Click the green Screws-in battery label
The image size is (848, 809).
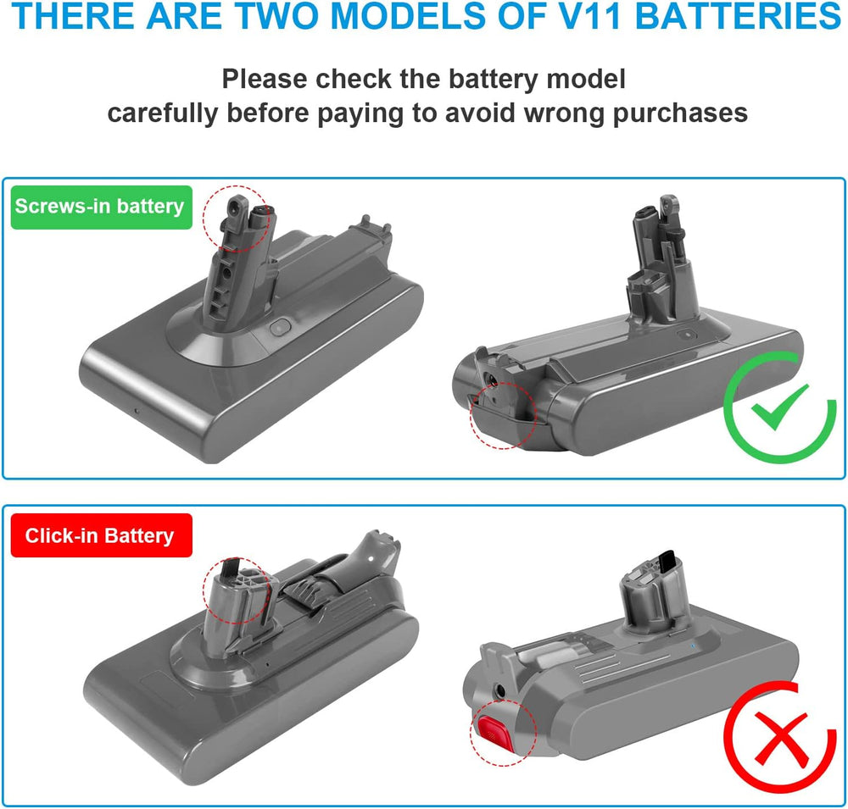point(102,207)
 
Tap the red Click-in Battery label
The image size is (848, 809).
point(102,535)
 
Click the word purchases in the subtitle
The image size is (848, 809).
point(680,114)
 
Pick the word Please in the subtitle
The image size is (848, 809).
point(265,79)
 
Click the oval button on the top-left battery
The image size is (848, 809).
point(279,328)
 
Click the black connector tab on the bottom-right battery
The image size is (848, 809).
point(667,561)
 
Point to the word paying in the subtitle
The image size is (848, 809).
point(360,114)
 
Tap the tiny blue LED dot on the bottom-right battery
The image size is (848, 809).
point(692,645)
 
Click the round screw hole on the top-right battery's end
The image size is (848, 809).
point(492,380)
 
